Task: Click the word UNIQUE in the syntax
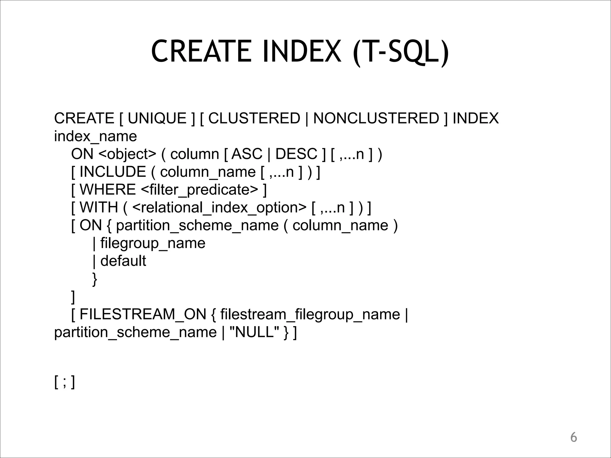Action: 157,118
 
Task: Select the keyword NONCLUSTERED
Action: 376,118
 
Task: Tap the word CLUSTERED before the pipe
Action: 254,118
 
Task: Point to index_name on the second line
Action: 95,137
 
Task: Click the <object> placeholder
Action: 127,154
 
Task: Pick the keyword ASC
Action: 247,154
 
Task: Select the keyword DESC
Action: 296,154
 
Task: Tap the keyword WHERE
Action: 108,190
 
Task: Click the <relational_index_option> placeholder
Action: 219,208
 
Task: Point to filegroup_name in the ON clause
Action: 153,243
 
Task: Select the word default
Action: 123,261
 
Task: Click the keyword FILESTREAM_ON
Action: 143,314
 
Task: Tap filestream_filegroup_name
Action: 310,314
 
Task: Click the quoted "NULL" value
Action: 254,332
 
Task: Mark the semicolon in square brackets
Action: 64,382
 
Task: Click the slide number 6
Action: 573,438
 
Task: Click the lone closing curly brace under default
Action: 95,279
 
